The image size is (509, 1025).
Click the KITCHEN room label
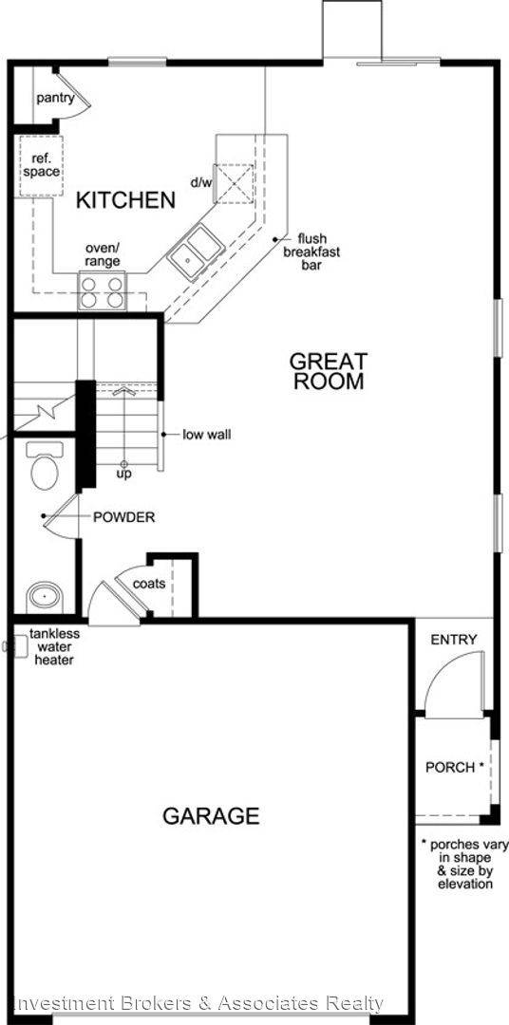tap(126, 200)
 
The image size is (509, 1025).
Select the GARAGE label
tap(211, 815)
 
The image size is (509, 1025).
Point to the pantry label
tap(55, 98)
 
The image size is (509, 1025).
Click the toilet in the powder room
tap(45, 467)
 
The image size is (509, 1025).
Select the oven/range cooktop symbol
tap(103, 291)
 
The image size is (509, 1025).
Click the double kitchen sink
tap(194, 253)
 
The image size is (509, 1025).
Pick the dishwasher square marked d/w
tap(234, 183)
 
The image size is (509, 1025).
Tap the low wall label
tap(206, 435)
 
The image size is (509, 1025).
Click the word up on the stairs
tap(123, 473)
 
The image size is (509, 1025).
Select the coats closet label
tap(149, 584)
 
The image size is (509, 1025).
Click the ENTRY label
tap(454, 640)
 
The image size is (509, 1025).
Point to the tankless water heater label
tap(53, 646)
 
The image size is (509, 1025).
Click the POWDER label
tap(123, 517)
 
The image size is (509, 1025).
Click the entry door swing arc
tap(439, 681)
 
